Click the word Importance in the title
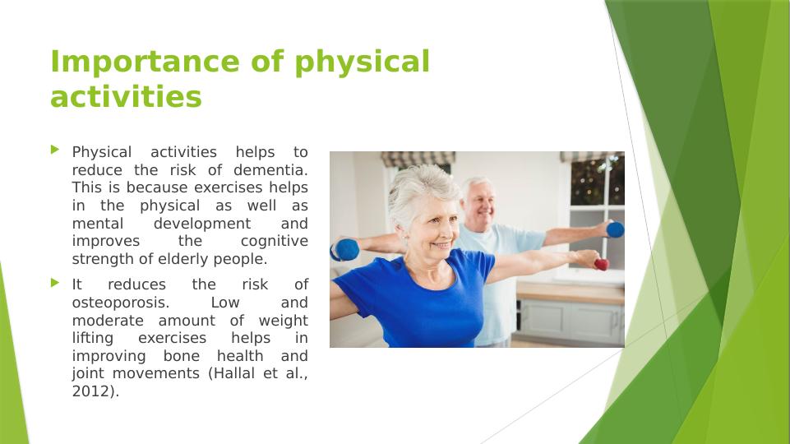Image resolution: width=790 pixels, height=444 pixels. click(x=146, y=62)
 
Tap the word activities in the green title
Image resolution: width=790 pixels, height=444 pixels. click(x=126, y=96)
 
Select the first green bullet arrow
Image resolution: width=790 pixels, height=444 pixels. click(x=55, y=149)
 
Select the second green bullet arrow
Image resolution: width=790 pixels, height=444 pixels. click(x=55, y=282)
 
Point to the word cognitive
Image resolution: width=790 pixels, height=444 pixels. click(x=274, y=242)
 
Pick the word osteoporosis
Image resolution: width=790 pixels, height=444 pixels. click(x=120, y=303)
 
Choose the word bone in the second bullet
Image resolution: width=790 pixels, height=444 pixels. click(x=182, y=356)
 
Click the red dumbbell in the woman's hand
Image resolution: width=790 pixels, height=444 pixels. click(x=601, y=264)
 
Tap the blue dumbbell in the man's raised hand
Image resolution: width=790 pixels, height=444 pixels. click(x=615, y=230)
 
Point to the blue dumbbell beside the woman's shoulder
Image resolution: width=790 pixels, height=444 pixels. click(x=345, y=250)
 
